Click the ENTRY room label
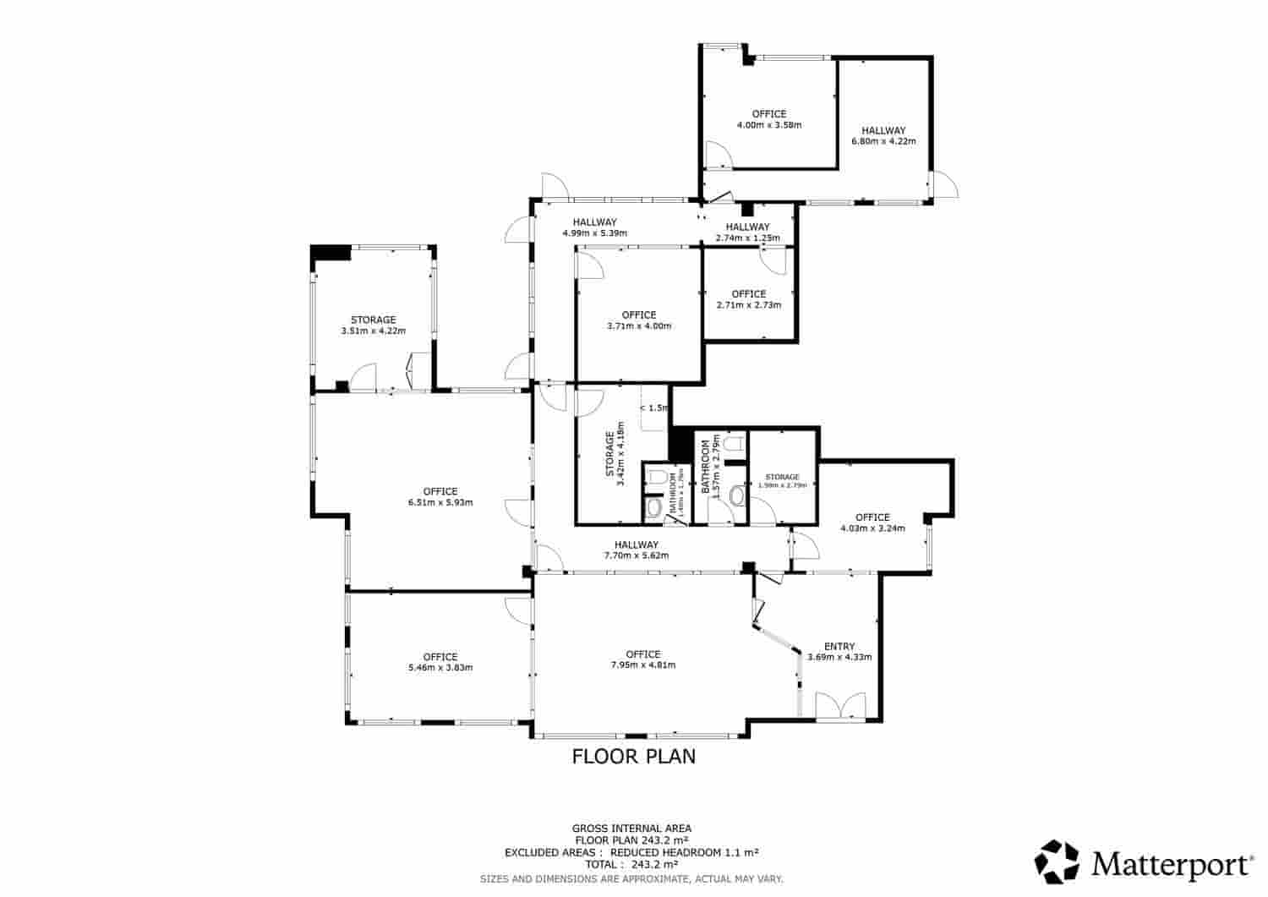pyautogui.click(x=839, y=646)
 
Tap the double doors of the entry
pyautogui.click(x=840, y=706)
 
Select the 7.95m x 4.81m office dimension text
pyautogui.click(x=642, y=665)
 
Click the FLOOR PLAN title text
pyautogui.click(x=634, y=756)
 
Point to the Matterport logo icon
pyautogui.click(x=1058, y=861)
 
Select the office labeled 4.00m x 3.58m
pyautogui.click(x=768, y=119)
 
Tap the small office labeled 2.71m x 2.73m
pyautogui.click(x=748, y=299)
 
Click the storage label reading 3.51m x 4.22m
pyautogui.click(x=373, y=325)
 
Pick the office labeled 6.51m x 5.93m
pyautogui.click(x=440, y=496)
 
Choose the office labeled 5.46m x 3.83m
pyautogui.click(x=440, y=661)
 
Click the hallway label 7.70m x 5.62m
pyautogui.click(x=636, y=550)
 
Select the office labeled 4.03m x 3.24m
pyautogui.click(x=872, y=522)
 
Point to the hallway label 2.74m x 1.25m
pyautogui.click(x=747, y=232)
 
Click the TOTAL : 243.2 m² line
pyautogui.click(x=631, y=865)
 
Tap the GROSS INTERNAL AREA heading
pyautogui.click(x=631, y=828)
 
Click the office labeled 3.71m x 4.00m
pyautogui.click(x=638, y=320)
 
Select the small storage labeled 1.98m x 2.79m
pyautogui.click(x=782, y=481)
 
